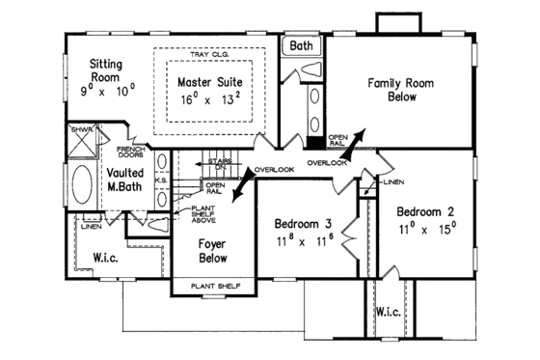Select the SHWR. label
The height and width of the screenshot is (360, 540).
[x=80, y=127]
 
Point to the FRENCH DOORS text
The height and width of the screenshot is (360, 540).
[x=130, y=152]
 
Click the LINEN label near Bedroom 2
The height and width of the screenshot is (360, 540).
[x=391, y=180]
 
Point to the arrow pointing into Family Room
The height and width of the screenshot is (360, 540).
[x=356, y=137]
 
